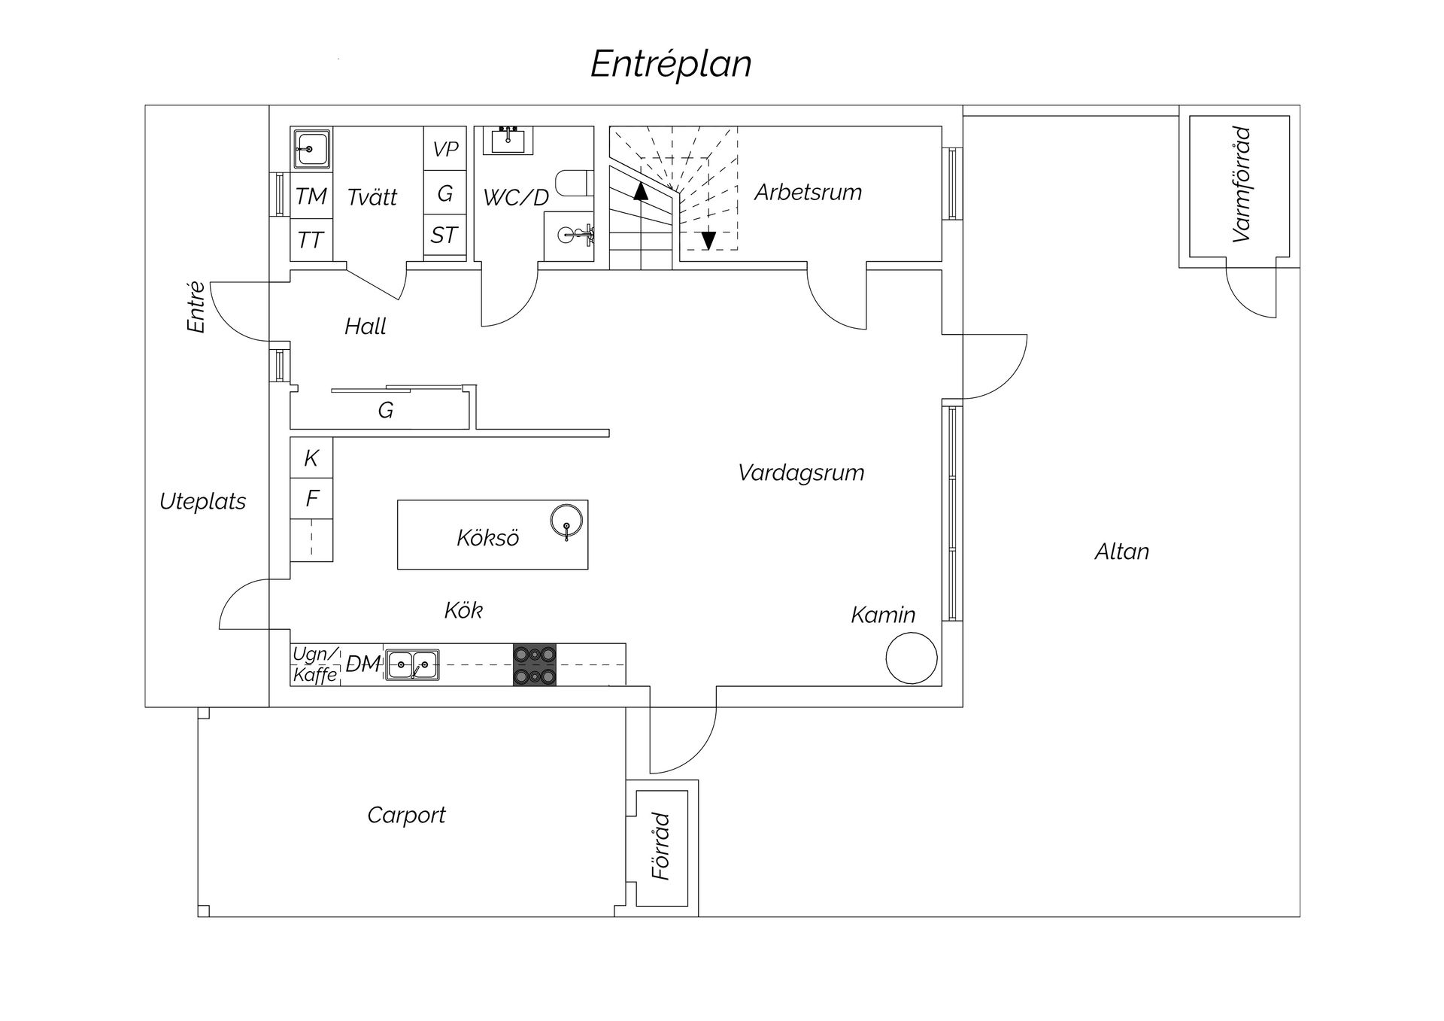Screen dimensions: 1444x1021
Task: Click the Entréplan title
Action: (x=671, y=65)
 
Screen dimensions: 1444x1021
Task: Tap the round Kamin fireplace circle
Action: (x=912, y=658)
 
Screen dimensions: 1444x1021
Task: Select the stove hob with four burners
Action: (x=535, y=665)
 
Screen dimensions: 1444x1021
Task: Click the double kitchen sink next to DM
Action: (x=412, y=665)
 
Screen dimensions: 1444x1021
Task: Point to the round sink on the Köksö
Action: (x=566, y=520)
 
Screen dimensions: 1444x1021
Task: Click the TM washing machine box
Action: (x=311, y=196)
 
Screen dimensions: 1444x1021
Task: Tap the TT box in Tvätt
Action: (x=311, y=240)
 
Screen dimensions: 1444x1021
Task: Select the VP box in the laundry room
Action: (x=445, y=149)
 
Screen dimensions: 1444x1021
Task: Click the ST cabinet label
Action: (x=444, y=235)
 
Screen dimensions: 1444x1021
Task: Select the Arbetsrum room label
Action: (x=808, y=193)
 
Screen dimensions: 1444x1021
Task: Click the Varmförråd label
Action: (x=1242, y=184)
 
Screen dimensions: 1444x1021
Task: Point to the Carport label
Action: (x=406, y=816)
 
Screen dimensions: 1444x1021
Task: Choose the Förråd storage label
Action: (x=661, y=846)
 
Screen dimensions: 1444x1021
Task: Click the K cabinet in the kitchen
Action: (x=311, y=458)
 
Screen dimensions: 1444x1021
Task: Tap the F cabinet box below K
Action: (x=311, y=499)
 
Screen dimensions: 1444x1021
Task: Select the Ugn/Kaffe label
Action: (x=315, y=665)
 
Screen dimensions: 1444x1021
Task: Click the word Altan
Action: (x=1121, y=552)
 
